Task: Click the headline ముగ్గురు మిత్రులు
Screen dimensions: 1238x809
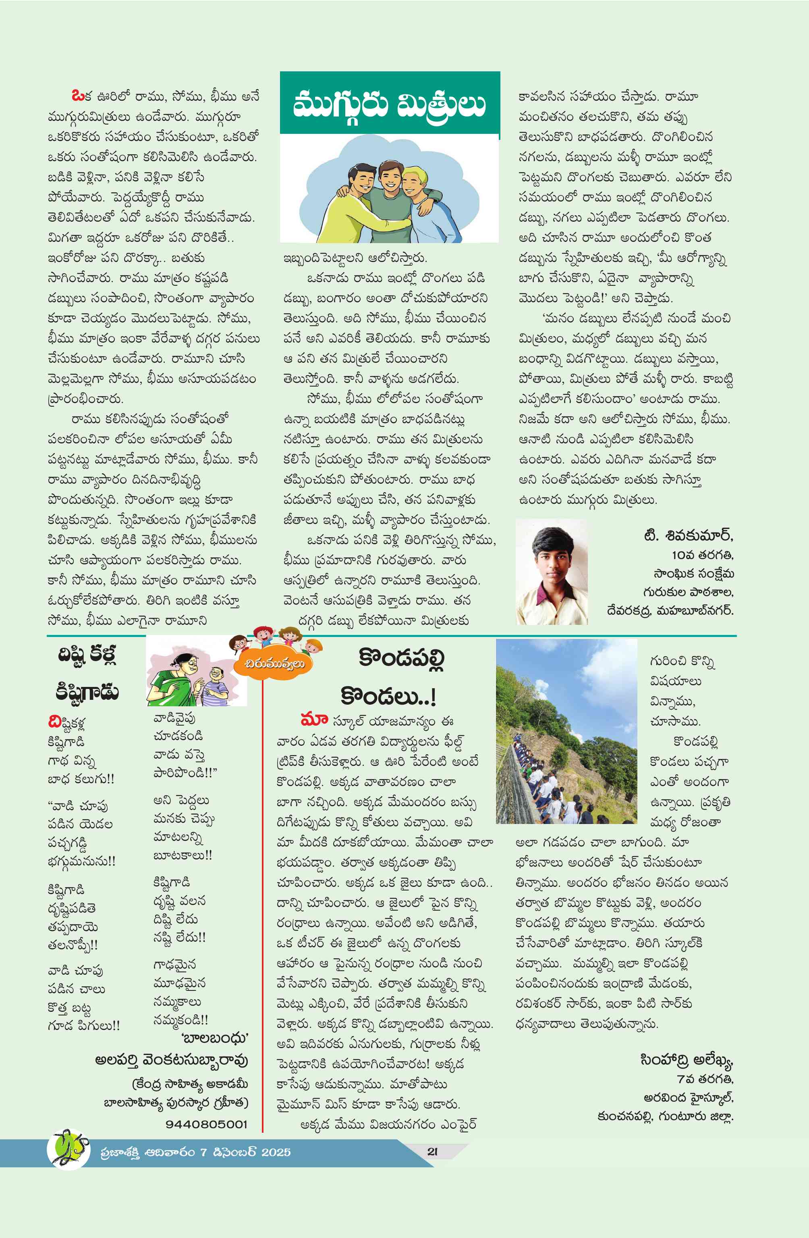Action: click(390, 104)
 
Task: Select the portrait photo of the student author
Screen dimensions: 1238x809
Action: click(552, 572)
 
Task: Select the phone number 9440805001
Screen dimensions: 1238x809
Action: click(206, 1124)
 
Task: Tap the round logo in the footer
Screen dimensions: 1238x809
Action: click(68, 1149)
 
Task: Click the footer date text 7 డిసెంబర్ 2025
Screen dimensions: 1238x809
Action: click(245, 1152)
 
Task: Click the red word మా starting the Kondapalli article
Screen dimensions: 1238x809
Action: click(314, 720)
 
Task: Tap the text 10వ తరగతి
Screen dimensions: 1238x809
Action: click(702, 555)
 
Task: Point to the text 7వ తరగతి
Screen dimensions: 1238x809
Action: click(705, 1079)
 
